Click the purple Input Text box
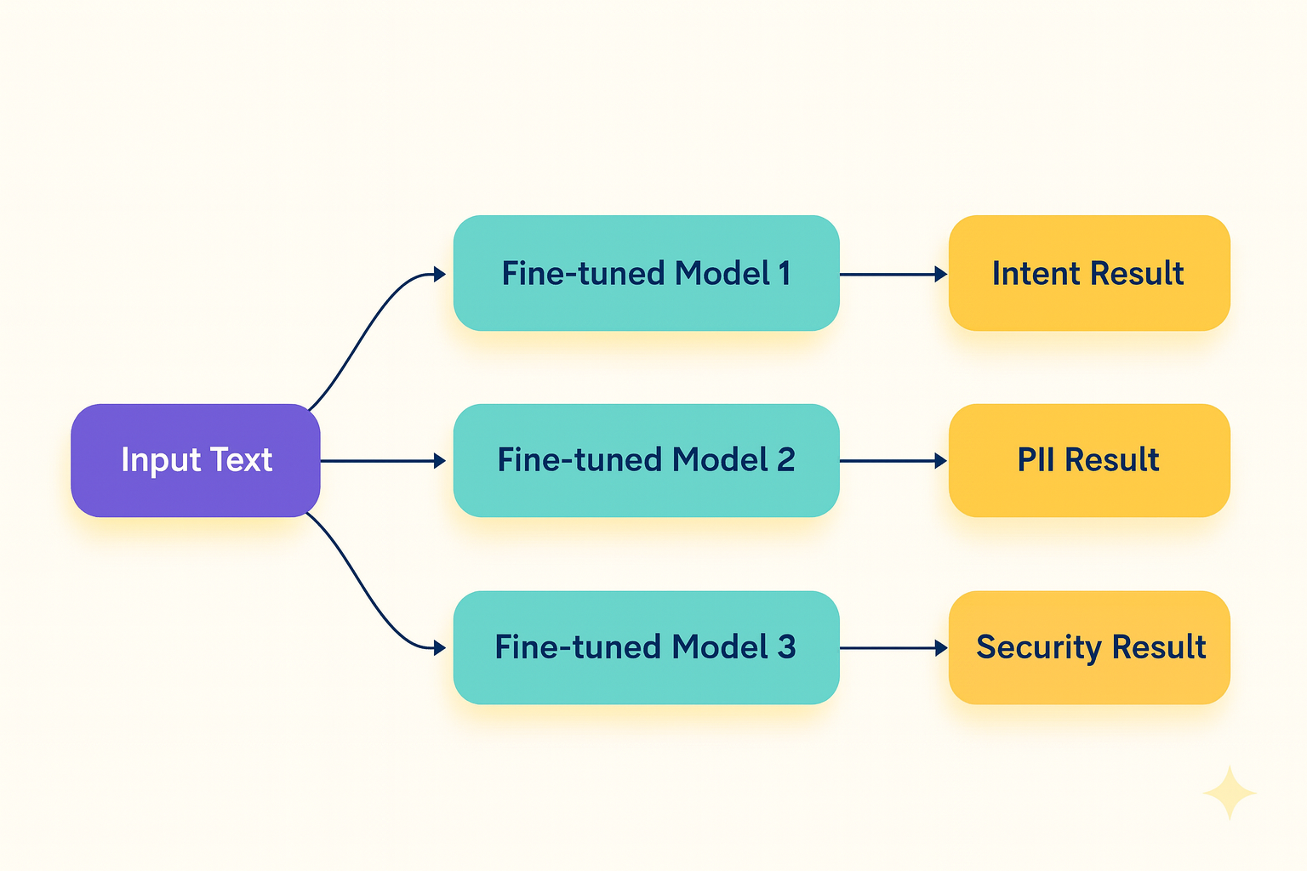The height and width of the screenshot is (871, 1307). pos(196,460)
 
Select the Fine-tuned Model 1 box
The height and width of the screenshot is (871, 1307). pos(646,273)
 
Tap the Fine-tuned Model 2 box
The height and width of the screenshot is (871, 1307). pos(646,460)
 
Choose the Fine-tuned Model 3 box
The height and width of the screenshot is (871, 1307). pos(646,647)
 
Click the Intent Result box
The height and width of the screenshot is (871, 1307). pos(1089,273)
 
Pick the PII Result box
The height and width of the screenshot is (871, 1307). pos(1089,460)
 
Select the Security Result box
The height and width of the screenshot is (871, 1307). pos(1089,647)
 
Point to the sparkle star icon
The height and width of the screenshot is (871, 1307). pos(1230,793)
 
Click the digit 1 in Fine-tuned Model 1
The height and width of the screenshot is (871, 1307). pos(785,274)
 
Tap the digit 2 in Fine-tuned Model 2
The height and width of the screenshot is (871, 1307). pos(785,460)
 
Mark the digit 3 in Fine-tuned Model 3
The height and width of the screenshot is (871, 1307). pos(786,647)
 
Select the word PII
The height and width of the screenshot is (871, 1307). pos(1037,460)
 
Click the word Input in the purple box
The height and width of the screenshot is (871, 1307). pos(161,461)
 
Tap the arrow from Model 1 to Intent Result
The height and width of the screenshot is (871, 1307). pos(893,274)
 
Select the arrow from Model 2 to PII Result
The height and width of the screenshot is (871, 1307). pos(893,461)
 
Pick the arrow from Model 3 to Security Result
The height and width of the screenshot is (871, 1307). pos(893,648)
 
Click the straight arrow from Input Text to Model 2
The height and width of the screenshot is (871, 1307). pos(383,461)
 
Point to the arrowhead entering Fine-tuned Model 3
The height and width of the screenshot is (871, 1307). pos(440,648)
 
